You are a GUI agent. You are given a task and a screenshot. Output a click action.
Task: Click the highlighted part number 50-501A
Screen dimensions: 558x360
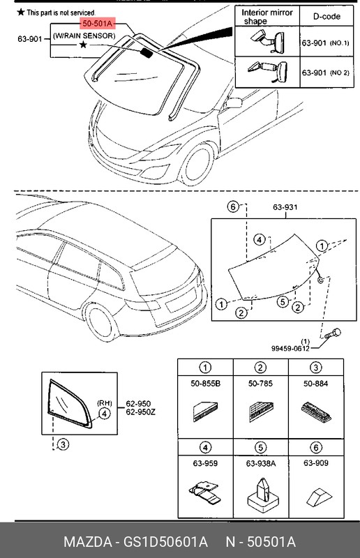(x=98, y=24)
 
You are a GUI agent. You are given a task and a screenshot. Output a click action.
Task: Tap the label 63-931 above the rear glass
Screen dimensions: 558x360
(x=284, y=207)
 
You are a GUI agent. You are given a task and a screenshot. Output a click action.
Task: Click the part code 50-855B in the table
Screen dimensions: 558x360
(x=206, y=383)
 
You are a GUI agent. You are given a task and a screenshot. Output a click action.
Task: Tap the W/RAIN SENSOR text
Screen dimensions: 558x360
(x=84, y=35)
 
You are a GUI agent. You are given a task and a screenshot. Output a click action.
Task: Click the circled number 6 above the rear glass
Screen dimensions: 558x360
(x=234, y=207)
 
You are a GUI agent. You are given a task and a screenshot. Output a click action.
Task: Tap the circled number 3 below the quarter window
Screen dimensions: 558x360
(x=62, y=444)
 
